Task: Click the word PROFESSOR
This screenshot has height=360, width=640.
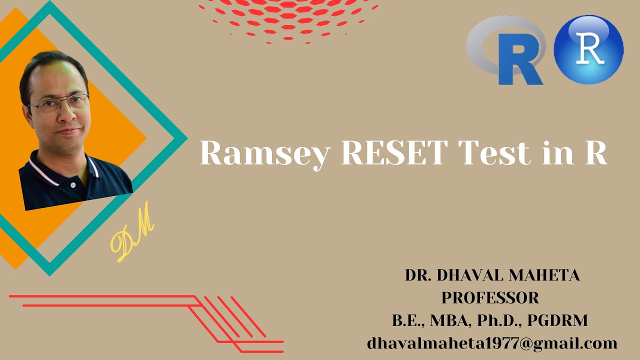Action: [490, 298]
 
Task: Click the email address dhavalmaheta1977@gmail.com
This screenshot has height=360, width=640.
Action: [492, 343]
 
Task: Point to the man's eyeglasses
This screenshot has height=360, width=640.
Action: [59, 103]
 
